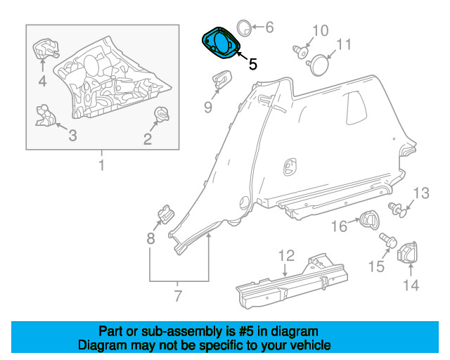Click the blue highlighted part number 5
[221, 42]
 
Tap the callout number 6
[269, 27]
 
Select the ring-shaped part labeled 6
[244, 28]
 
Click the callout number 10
[321, 31]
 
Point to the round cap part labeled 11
[319, 65]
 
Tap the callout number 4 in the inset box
[42, 82]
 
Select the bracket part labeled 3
[45, 115]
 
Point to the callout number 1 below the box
[101, 165]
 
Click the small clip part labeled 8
[166, 214]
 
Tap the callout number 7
[178, 295]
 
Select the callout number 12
[287, 255]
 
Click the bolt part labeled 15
[388, 240]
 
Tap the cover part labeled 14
[408, 252]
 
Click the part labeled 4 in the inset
[45, 49]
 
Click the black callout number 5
[252, 64]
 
